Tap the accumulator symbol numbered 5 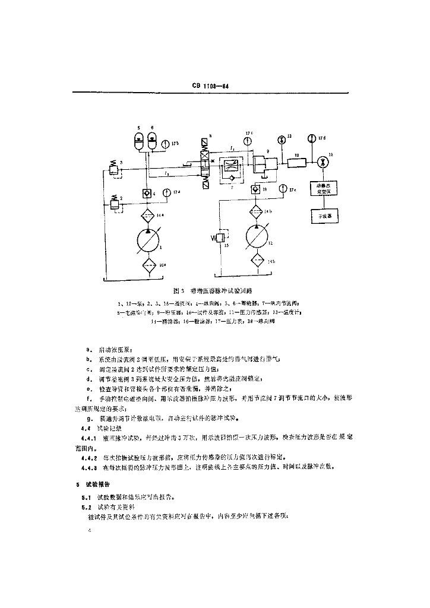[138, 142]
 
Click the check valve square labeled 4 [147, 194]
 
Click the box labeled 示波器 [324, 216]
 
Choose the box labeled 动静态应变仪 [324, 189]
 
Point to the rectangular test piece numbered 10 [297, 162]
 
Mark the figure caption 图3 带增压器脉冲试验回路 [213, 291]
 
